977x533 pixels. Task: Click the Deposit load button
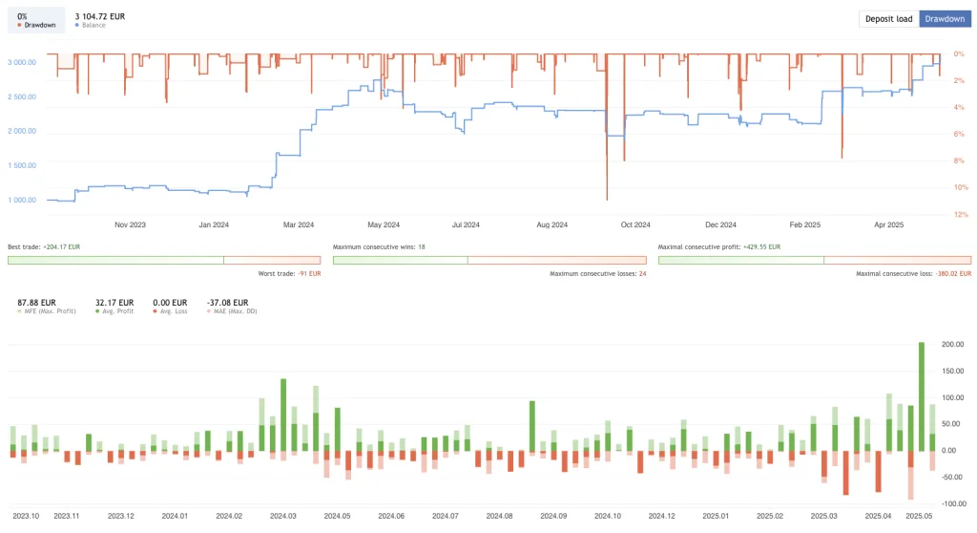pyautogui.click(x=888, y=19)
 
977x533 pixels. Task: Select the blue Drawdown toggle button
pyautogui.click(x=945, y=19)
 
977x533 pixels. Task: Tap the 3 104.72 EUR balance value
pyautogui.click(x=99, y=16)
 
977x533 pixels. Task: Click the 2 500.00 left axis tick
pyautogui.click(x=21, y=96)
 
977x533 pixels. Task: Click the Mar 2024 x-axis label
pyautogui.click(x=299, y=225)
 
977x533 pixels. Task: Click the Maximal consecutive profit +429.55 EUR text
pyautogui.click(x=718, y=246)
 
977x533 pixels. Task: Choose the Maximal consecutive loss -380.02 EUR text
pyautogui.click(x=913, y=273)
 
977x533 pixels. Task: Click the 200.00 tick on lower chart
pyautogui.click(x=951, y=344)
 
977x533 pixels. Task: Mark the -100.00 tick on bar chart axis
pyautogui.click(x=949, y=503)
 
